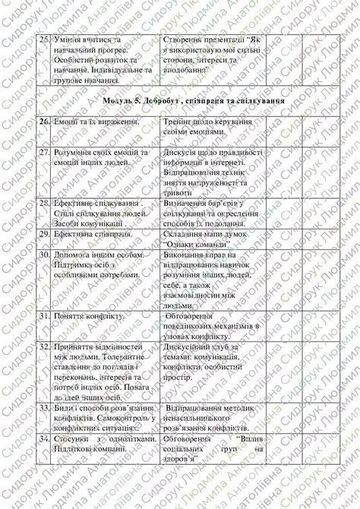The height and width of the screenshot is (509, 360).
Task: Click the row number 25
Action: coord(44,38)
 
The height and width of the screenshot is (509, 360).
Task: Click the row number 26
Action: coord(44,122)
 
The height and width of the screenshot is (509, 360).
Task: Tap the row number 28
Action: coord(44,204)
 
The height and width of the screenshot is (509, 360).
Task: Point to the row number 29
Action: coord(44,236)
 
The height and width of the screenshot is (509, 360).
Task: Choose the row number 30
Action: coord(44,257)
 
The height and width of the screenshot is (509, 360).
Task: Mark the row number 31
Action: coord(44,315)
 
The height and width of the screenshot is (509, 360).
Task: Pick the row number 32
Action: coord(44,346)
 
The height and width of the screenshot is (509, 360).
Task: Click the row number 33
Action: coord(44,408)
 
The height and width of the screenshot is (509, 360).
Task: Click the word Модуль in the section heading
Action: coord(121,100)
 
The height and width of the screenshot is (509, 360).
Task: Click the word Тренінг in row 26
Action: coord(181,122)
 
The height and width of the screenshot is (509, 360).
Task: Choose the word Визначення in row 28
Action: coord(188,204)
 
